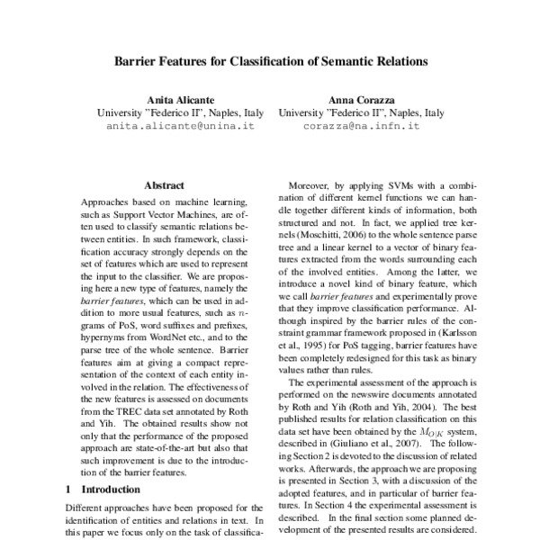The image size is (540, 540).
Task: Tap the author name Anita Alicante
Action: (179, 99)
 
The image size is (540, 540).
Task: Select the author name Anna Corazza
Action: (361, 99)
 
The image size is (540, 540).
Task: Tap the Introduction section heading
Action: (114, 490)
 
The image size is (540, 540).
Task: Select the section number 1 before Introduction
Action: (68, 490)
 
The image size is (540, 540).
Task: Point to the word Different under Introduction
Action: (85, 508)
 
